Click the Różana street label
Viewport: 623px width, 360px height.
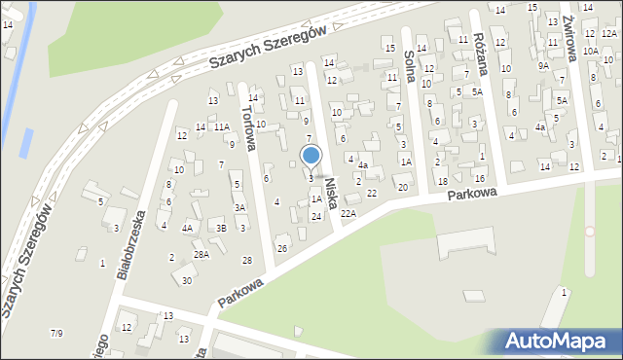[479, 45]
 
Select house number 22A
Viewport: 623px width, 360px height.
[348, 213]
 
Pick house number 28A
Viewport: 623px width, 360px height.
[202, 254]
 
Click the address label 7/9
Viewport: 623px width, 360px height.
[56, 334]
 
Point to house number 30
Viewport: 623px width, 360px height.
[187, 280]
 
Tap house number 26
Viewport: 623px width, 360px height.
[282, 249]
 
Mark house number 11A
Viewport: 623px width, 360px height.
[222, 126]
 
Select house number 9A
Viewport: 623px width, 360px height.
[544, 66]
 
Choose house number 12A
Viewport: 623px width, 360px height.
[609, 33]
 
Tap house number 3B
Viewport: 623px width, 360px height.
[221, 228]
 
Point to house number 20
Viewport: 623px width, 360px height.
[402, 187]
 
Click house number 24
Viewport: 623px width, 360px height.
[316, 216]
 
